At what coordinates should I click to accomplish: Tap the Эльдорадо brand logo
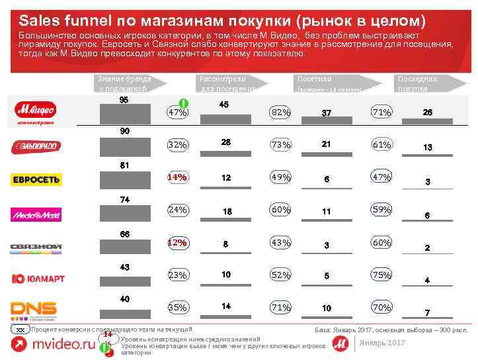[36, 146]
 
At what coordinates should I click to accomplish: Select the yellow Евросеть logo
[36, 179]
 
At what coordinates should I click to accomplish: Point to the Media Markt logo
[36, 214]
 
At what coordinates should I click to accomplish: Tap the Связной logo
[36, 247]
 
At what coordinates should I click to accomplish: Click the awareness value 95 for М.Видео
[124, 100]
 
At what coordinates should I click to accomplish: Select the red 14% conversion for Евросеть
[177, 177]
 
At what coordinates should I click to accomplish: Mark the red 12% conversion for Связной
[177, 243]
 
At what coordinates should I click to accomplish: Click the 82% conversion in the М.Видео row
[280, 112]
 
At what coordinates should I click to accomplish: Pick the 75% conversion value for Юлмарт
[381, 275]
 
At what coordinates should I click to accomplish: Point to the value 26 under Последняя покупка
[428, 112]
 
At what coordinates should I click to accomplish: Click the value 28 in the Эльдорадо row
[226, 142]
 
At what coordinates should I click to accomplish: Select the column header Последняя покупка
[417, 83]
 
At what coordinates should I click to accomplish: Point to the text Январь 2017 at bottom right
[383, 342]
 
